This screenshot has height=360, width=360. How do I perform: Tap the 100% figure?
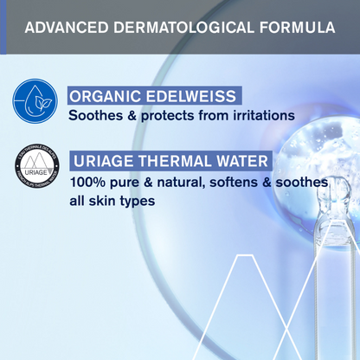click(88, 183)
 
